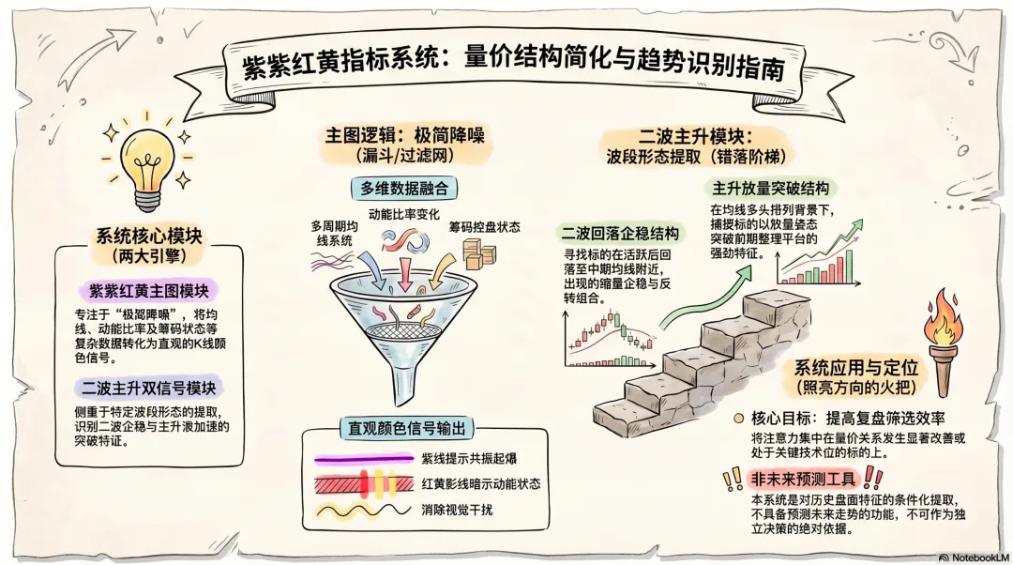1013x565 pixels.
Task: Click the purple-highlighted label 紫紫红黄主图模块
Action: point(148,288)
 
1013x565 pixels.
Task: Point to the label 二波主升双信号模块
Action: point(149,387)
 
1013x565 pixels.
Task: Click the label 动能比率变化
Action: point(404,214)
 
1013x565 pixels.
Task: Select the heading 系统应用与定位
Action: point(855,367)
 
